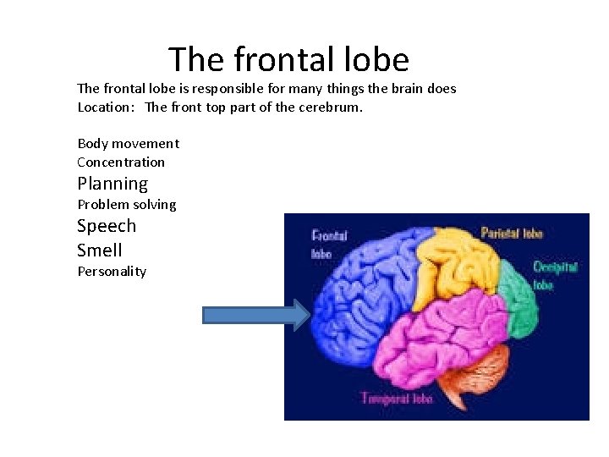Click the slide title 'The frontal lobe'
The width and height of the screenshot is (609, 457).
tap(288, 60)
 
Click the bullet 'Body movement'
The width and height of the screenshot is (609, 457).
tap(128, 144)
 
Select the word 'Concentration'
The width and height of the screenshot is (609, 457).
tap(121, 162)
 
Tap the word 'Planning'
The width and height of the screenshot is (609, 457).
tap(112, 184)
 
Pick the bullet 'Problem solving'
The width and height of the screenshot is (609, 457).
tap(127, 205)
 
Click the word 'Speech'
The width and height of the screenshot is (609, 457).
tap(107, 226)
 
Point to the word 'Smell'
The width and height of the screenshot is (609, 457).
tap(100, 251)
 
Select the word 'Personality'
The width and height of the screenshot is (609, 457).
tap(112, 272)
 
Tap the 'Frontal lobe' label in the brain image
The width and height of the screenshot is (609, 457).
tap(328, 245)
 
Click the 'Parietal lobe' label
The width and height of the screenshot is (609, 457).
tap(512, 233)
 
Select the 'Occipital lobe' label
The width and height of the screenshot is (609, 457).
tap(555, 276)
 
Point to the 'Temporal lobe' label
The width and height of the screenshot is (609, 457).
tap(397, 398)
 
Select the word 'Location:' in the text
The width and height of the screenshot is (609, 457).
tap(106, 107)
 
